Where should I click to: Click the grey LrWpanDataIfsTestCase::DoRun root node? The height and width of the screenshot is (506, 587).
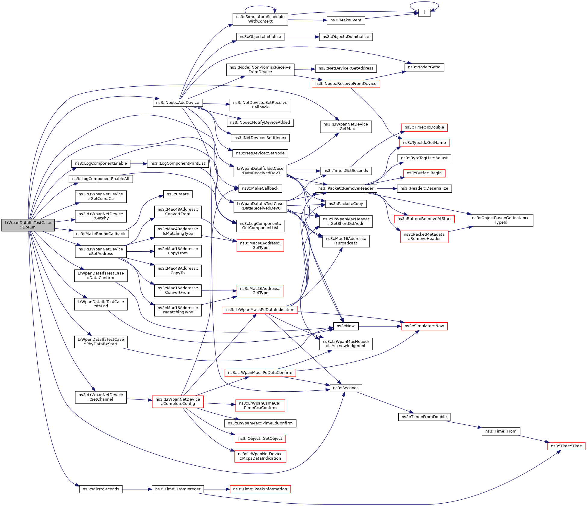point(28,225)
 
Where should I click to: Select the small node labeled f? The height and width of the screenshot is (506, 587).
point(424,13)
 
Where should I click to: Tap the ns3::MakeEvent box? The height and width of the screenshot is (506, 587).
point(346,20)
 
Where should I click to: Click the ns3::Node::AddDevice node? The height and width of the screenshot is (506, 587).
point(178,103)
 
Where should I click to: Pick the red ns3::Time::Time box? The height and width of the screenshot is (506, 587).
point(566,446)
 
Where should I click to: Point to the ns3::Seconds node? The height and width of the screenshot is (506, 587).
point(346,388)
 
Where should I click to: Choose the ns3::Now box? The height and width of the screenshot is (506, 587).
point(345,326)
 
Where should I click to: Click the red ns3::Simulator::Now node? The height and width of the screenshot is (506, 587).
point(424,326)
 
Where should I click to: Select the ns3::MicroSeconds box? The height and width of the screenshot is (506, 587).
point(101,489)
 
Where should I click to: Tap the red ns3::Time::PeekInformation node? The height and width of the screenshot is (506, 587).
point(260,489)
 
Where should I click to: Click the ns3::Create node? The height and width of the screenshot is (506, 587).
point(178,194)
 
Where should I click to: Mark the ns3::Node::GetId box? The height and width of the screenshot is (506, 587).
point(424,67)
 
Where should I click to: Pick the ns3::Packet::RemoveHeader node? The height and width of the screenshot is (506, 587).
point(346,188)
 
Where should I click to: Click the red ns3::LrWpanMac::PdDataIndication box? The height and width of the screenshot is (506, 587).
point(260,310)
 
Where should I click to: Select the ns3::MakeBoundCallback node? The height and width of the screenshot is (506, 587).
point(100,234)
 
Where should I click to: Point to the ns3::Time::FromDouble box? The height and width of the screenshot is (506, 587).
point(424,417)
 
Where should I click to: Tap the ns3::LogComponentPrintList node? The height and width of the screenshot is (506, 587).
point(178,163)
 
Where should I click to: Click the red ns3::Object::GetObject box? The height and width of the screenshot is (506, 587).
point(260,439)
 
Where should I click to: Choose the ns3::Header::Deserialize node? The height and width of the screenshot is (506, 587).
point(424,188)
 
